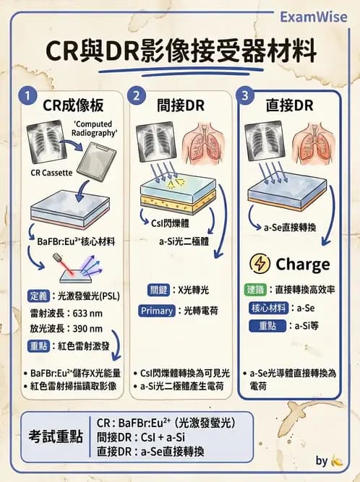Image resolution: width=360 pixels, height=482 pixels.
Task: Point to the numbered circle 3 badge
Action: click(x=247, y=96)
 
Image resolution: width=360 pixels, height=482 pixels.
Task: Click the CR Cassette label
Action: click(x=46, y=173)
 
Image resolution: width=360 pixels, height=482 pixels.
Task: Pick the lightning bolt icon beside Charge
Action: click(x=259, y=264)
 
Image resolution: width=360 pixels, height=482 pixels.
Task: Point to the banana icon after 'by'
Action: click(x=336, y=461)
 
